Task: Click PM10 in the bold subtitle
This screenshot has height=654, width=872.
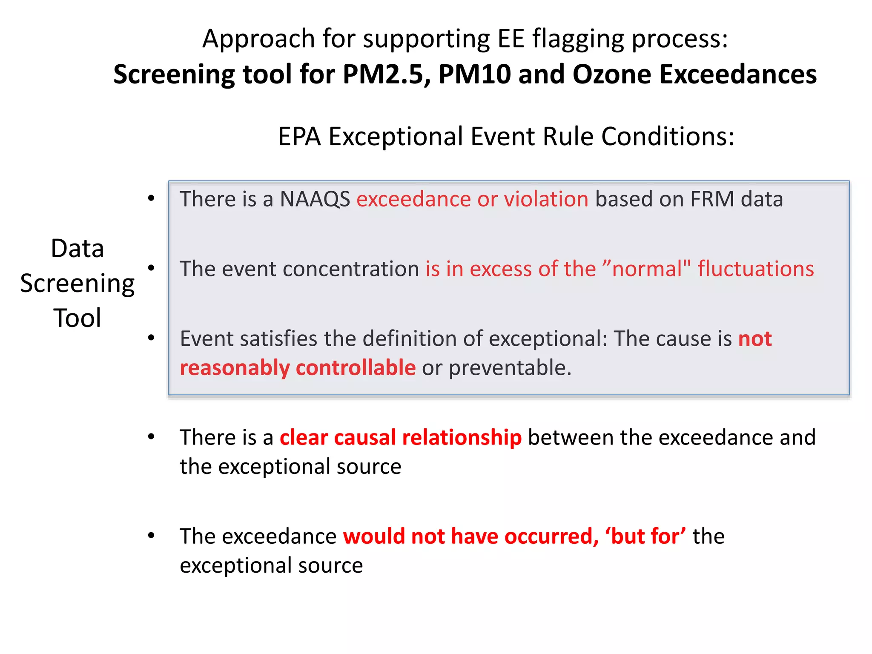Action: pos(475,75)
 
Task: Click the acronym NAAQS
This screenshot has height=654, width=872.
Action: pos(315,199)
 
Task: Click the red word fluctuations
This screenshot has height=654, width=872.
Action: pos(756,269)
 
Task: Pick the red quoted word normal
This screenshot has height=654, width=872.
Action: pos(647,269)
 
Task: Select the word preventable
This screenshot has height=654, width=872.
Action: pos(510,367)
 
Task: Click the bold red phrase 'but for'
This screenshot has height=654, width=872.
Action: pos(645,536)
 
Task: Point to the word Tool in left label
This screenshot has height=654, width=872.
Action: pos(77,318)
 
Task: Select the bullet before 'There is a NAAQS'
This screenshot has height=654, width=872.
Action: pos(151,198)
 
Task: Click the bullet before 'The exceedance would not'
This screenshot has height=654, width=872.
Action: pos(151,536)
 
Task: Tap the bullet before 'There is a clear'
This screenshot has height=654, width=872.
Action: pos(151,437)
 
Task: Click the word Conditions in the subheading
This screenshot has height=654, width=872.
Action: pos(668,137)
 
